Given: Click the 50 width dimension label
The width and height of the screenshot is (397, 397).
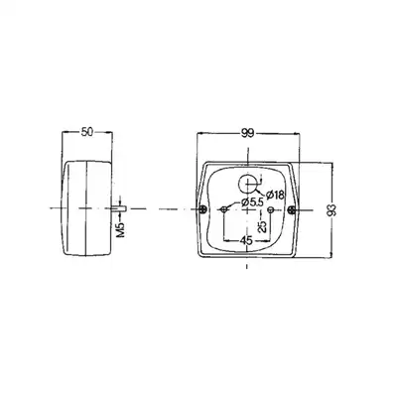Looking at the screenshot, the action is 87,132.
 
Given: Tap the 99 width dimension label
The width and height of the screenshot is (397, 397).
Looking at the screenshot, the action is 248,133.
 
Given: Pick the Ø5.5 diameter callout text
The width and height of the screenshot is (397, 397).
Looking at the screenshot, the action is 252,202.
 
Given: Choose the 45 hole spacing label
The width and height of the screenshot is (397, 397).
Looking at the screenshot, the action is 247,241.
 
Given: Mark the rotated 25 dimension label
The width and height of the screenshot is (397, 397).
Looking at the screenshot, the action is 262,227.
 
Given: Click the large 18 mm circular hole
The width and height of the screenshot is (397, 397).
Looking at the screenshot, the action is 247,184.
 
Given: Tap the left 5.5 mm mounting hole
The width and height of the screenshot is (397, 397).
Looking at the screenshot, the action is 224,209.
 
